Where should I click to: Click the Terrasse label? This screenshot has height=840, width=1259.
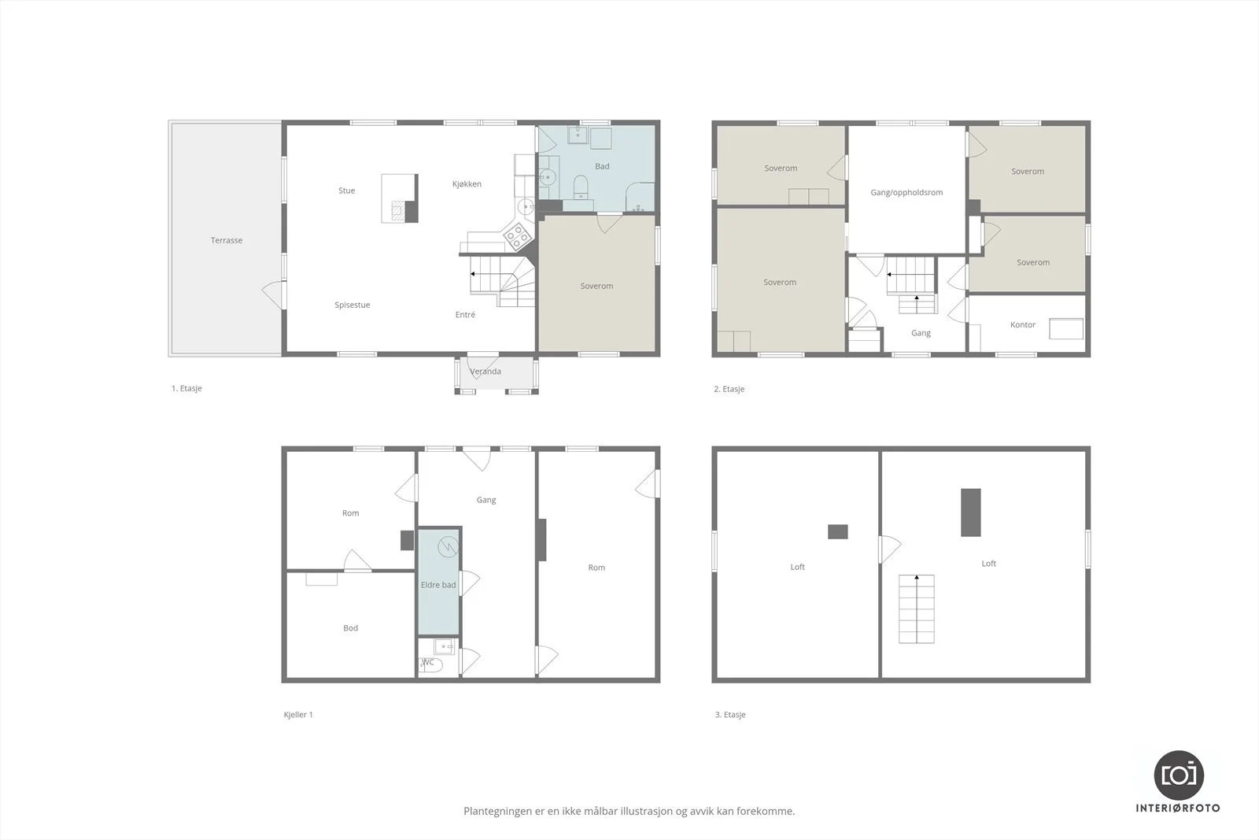click(227, 240)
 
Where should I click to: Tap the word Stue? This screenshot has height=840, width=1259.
click(347, 191)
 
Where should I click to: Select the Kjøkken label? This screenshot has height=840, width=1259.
click(467, 184)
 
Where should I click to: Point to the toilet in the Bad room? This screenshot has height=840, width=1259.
click(581, 187)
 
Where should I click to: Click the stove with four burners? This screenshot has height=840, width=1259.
click(518, 235)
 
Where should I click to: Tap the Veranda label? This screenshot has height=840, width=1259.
click(485, 371)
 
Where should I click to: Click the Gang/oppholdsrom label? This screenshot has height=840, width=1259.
click(906, 192)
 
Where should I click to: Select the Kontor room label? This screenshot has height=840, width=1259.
click(1022, 324)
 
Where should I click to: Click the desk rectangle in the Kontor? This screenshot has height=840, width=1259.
click(1066, 329)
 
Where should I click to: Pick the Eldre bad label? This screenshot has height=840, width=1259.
click(438, 585)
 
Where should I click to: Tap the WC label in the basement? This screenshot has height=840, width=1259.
click(428, 662)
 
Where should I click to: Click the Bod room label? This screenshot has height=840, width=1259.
click(350, 628)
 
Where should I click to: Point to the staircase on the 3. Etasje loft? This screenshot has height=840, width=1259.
click(916, 609)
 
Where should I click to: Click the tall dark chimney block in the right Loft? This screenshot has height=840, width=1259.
click(971, 513)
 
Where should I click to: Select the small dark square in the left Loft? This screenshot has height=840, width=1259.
click(837, 531)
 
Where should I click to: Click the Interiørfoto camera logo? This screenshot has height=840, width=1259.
click(1179, 775)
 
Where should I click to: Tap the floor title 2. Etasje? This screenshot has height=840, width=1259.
click(729, 389)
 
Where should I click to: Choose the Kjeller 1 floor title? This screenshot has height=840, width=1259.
click(298, 715)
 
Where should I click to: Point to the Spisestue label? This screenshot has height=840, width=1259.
click(353, 305)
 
